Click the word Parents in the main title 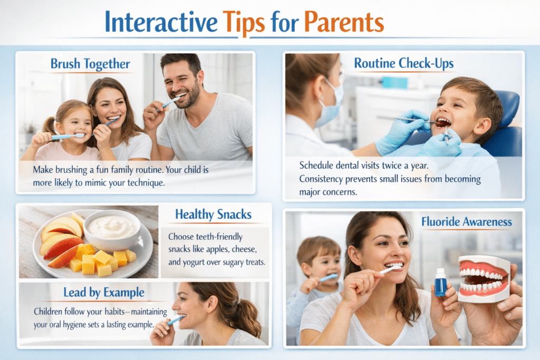tap(344, 22)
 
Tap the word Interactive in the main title tap(161, 22)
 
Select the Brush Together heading tap(90, 64)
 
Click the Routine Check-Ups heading tap(403, 63)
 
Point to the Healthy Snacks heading tap(214, 215)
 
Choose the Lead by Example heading tap(104, 293)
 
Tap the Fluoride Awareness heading tap(467, 222)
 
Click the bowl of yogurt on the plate tap(112, 229)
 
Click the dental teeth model tap(484, 279)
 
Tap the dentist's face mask tap(330, 103)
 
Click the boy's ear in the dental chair tap(483, 126)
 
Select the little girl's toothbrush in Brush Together tap(67, 137)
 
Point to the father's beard tap(188, 96)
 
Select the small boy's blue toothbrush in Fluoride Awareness tap(329, 277)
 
